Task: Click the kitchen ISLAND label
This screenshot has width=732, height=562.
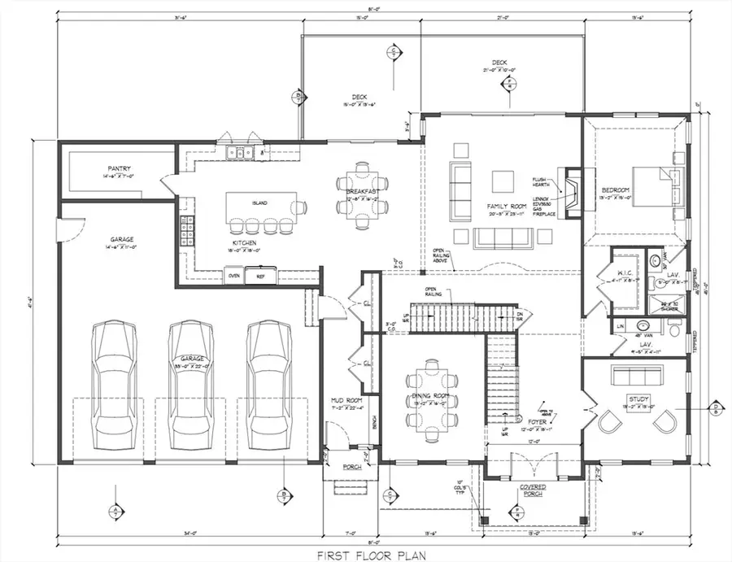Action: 259,203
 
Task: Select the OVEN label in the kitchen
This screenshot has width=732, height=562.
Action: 233,276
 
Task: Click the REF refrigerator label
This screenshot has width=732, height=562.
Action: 260,276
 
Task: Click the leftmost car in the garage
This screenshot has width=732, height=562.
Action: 113,381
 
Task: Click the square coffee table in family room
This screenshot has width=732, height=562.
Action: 501,179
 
